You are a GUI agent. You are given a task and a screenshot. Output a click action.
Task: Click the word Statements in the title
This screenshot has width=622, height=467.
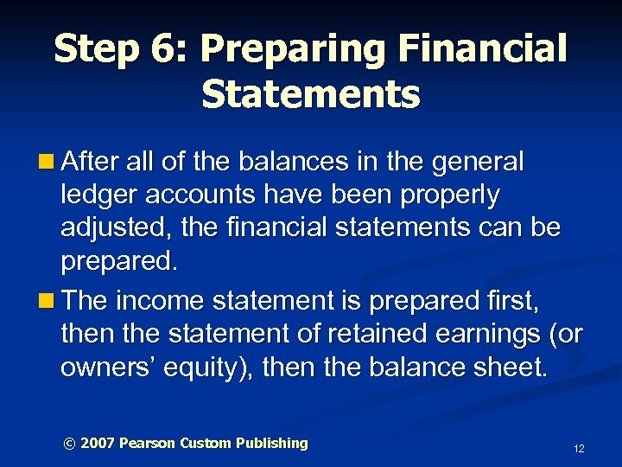[311, 94]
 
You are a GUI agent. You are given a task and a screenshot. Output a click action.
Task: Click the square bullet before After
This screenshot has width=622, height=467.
[51, 162]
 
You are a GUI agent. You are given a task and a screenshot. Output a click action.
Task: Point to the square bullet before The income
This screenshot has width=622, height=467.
[51, 300]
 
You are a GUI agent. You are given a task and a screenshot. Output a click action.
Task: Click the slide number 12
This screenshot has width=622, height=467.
[579, 448]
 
